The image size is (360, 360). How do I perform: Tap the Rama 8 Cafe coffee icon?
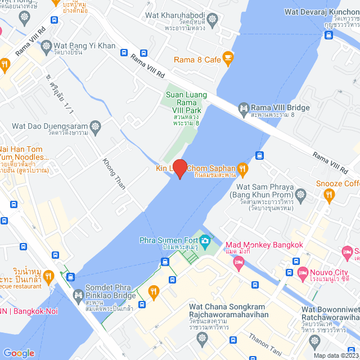228,57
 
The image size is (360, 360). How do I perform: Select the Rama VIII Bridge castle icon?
244,107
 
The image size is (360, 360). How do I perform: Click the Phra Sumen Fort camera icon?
205,241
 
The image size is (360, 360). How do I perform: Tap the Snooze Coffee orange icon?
329,195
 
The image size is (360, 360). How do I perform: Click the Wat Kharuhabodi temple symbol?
212,20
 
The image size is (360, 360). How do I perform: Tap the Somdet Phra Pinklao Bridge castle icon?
78,294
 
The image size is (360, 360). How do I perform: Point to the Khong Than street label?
114,174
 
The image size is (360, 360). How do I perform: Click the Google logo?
19,353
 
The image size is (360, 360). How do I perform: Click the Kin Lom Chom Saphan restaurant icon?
242,168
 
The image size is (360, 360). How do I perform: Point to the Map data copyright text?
336,355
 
